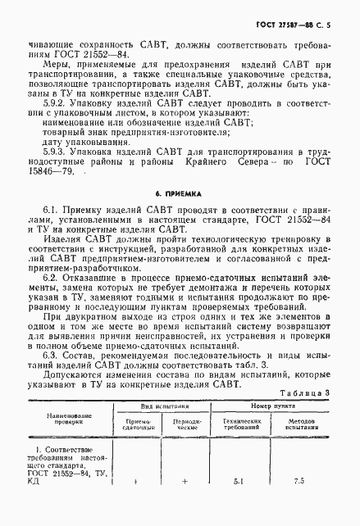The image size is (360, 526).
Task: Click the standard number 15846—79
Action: click(52, 171)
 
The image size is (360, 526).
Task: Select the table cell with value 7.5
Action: click(298, 505)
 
